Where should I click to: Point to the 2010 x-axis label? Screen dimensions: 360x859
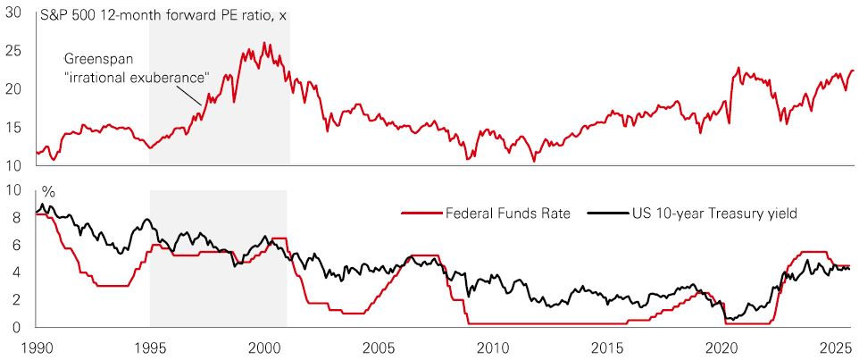[x=493, y=346]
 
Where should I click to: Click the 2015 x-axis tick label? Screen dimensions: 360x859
[x=607, y=346]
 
